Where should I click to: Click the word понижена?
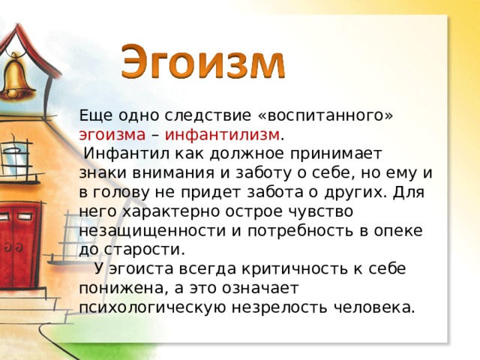[121, 287]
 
